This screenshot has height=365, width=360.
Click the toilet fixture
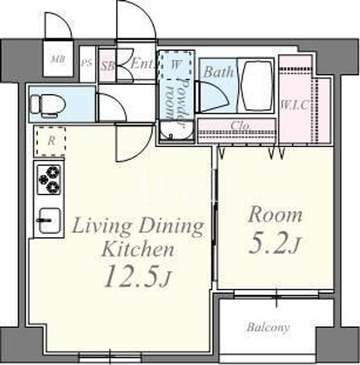(x=48, y=105)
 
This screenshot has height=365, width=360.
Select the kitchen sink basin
(x=49, y=221)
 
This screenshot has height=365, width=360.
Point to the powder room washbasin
(x=177, y=131)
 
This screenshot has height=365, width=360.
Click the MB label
(x=58, y=60)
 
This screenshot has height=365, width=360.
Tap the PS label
(x=87, y=63)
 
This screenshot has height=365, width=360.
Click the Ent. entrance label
(x=142, y=63)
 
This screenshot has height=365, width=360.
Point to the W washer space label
(x=175, y=65)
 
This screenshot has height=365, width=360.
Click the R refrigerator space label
(x=52, y=141)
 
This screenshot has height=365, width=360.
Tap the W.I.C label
(x=295, y=105)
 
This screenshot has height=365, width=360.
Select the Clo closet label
(x=240, y=126)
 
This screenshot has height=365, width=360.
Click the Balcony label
(x=268, y=327)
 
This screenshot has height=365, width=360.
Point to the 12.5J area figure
(x=137, y=276)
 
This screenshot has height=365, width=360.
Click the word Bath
(x=218, y=72)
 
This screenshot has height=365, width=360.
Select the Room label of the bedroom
(x=275, y=214)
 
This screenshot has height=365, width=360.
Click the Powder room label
(x=178, y=102)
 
